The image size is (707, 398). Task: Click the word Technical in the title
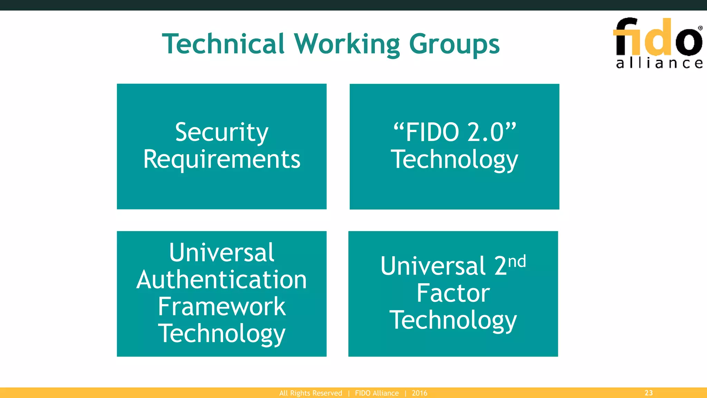coord(223,44)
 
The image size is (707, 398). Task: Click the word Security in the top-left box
coord(222,133)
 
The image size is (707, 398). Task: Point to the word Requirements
coord(222,159)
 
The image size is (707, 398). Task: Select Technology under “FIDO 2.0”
coord(454,160)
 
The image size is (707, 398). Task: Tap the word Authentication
coord(222,279)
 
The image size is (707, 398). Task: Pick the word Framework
coord(222,306)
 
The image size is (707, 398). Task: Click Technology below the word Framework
coord(222,334)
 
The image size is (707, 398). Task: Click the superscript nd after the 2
coord(517,262)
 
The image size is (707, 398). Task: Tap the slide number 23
coord(649,393)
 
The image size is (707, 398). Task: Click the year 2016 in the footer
coord(419,393)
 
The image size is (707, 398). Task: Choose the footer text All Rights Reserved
coord(311,393)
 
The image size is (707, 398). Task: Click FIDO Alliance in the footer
coord(377,393)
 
